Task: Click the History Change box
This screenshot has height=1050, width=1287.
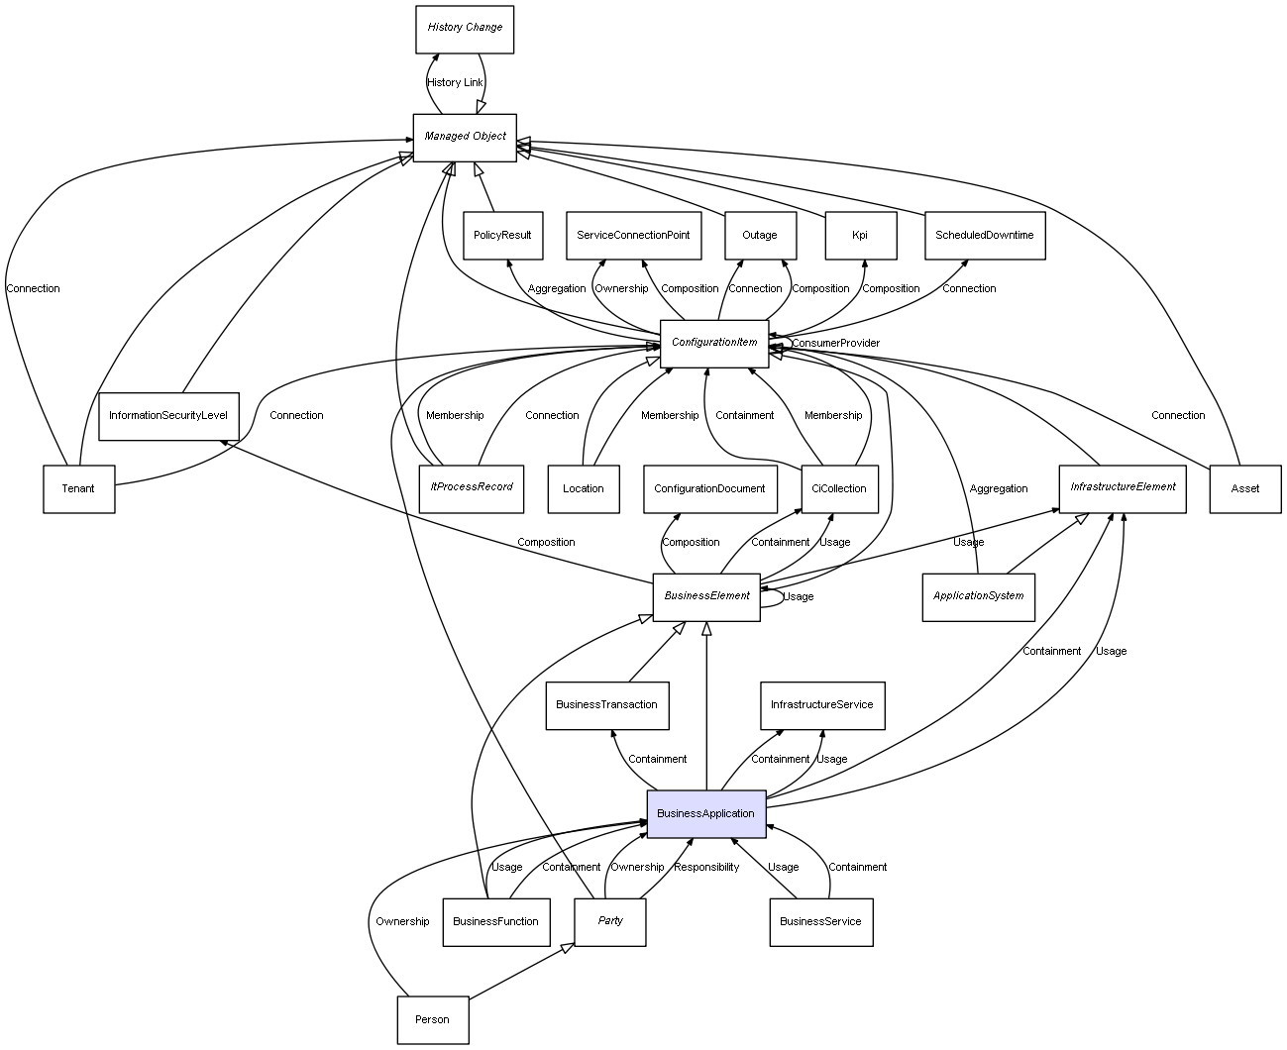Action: [x=465, y=28]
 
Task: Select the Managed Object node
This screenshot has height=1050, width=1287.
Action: [x=465, y=137]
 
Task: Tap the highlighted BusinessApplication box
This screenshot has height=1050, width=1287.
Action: [x=705, y=813]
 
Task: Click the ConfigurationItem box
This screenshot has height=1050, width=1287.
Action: [x=714, y=343]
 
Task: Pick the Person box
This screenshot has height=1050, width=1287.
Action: [x=432, y=1019]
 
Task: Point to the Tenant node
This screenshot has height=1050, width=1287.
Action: [x=78, y=488]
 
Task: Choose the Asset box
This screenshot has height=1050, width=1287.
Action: [x=1244, y=488]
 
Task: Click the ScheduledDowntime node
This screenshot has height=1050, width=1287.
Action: [x=984, y=236]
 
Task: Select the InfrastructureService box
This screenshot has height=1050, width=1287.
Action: [x=821, y=705]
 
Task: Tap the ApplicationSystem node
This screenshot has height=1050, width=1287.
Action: [x=978, y=596]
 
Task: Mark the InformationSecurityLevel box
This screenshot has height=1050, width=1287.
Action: [x=168, y=415]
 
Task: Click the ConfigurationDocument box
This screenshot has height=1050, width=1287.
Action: [x=709, y=488]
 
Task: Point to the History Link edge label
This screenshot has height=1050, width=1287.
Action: [x=455, y=83]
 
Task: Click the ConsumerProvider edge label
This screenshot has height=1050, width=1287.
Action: [x=835, y=344]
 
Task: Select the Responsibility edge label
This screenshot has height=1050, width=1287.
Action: [x=706, y=868]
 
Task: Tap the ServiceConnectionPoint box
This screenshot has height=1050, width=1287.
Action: [x=633, y=236]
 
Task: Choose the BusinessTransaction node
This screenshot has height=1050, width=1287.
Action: [x=606, y=705]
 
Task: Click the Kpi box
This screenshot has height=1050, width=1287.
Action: [x=860, y=236]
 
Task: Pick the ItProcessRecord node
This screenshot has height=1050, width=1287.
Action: [x=472, y=487]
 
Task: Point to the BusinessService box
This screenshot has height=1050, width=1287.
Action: [x=820, y=921]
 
